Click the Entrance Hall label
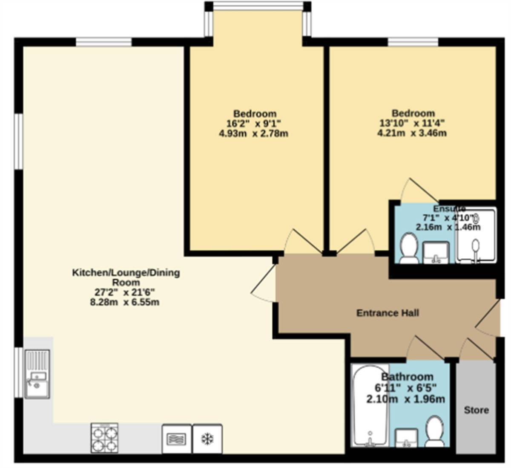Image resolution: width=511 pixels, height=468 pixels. pyautogui.click(x=388, y=313)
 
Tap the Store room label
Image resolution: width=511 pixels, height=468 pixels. pyautogui.click(x=477, y=410)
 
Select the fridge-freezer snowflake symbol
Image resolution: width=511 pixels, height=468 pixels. pyautogui.click(x=207, y=439)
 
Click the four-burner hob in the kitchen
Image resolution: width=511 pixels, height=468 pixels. pyautogui.click(x=105, y=438)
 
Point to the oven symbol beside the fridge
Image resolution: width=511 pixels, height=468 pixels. pyautogui.click(x=177, y=439)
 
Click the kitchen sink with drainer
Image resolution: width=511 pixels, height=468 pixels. pyautogui.click(x=37, y=374)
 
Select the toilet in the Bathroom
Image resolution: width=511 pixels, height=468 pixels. pyautogui.click(x=434, y=431)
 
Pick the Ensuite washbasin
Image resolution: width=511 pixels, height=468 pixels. pyautogui.click(x=436, y=252)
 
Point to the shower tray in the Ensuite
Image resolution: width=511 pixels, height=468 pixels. pyautogui.click(x=476, y=235)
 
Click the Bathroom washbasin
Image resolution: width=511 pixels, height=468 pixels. pyautogui.click(x=406, y=438)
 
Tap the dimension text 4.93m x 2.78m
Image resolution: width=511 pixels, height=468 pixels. pyautogui.click(x=253, y=133)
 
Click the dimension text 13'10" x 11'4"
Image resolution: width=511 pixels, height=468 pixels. pyautogui.click(x=412, y=123)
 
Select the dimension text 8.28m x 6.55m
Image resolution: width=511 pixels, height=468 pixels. pyautogui.click(x=125, y=302)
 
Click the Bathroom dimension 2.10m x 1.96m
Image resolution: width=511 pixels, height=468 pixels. pyautogui.click(x=405, y=399)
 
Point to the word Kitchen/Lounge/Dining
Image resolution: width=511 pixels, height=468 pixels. pyautogui.click(x=126, y=273)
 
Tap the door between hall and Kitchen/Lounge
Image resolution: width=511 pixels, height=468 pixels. pyautogui.click(x=264, y=283)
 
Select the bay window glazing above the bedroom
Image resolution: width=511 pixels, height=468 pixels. pyautogui.click(x=258, y=6)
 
